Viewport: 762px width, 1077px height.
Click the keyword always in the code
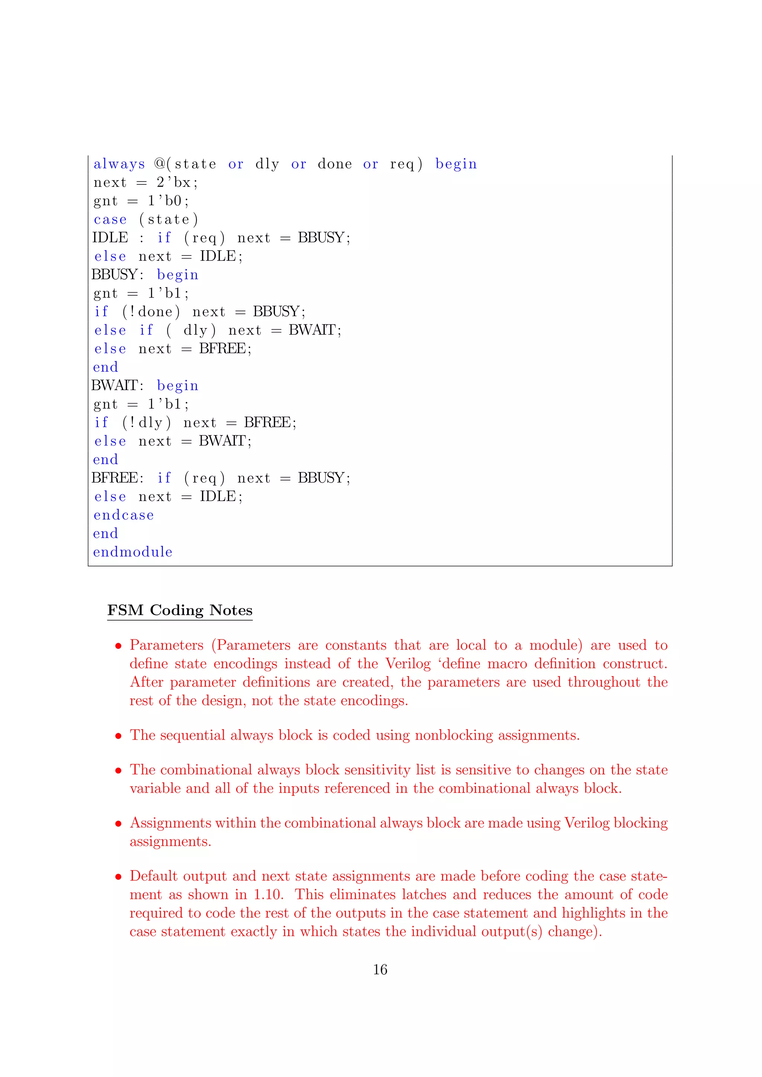pos(119,164)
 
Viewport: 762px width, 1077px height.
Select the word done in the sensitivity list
pos(334,164)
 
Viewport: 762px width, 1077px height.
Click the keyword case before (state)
pos(110,219)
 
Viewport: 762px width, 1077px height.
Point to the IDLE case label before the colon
pos(110,238)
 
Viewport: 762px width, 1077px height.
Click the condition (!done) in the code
pos(151,312)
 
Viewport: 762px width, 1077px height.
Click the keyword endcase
pos(124,515)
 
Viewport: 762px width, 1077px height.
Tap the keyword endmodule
pos(133,552)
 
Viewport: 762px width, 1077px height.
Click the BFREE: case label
pos(117,478)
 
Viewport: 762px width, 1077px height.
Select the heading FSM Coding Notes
pos(180,610)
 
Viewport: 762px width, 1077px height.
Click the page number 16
pos(380,970)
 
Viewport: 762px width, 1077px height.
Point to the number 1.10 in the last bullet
pos(268,894)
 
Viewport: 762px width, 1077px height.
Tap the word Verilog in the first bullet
pos(408,664)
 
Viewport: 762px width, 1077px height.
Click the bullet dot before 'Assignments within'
pos(119,824)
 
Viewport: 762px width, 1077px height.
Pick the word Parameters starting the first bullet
pos(167,646)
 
